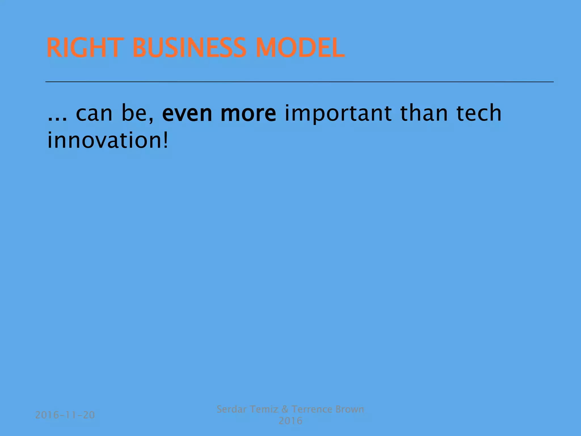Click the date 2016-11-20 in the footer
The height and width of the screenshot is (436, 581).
tap(65, 415)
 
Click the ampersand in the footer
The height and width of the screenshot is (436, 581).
tap(285, 409)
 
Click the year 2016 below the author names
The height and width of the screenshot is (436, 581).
tap(290, 421)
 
